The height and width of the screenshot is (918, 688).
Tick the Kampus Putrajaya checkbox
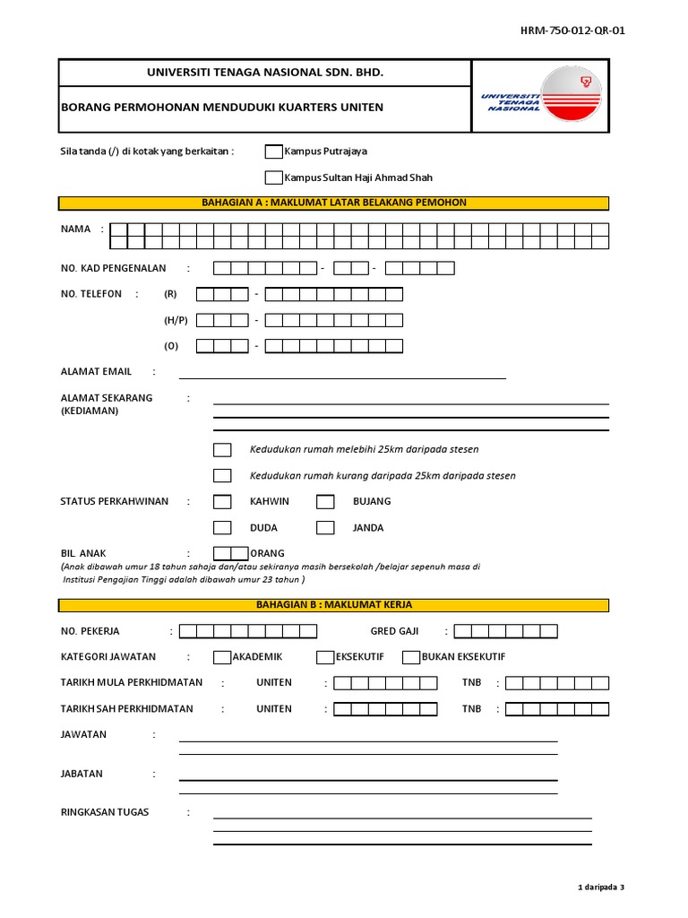click(273, 152)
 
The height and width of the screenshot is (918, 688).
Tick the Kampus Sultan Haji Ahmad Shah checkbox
click(273, 178)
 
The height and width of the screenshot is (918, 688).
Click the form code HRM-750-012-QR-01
click(572, 30)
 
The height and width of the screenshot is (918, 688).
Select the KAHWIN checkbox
click(222, 501)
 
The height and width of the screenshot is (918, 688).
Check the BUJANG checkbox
click(325, 501)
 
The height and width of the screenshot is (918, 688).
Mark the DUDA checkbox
click(222, 527)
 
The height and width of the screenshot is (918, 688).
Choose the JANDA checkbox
click(325, 527)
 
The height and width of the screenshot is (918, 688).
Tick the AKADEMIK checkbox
click(222, 657)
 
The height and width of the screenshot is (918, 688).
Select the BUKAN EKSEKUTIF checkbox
click(411, 657)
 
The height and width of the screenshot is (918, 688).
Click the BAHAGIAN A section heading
click(334, 203)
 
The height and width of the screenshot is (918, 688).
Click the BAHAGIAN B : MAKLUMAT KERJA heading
click(334, 605)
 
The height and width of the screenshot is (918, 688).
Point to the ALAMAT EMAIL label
click(96, 371)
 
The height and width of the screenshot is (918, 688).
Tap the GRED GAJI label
click(394, 631)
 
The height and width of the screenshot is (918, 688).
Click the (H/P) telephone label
click(176, 320)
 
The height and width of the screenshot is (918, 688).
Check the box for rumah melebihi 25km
click(222, 449)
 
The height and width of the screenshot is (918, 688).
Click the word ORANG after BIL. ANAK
click(267, 553)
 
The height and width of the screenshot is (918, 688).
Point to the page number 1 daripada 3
click(601, 887)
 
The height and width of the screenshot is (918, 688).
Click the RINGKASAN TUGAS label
click(105, 812)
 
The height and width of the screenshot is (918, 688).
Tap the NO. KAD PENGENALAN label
click(114, 268)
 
